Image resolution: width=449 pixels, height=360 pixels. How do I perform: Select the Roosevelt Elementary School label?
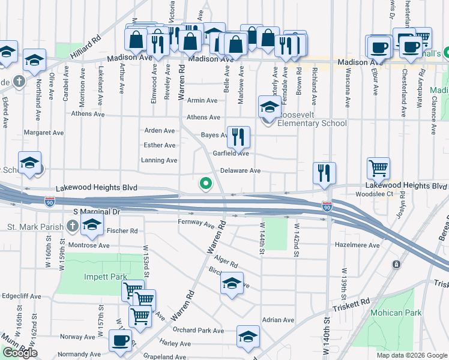coord(312,124)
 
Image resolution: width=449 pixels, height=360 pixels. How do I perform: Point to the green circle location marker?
coord(206,184)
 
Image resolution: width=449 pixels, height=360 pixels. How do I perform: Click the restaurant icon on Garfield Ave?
coord(238,139)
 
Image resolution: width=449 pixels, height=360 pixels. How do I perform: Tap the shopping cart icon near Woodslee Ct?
coord(379,169)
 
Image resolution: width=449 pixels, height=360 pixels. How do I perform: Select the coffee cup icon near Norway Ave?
coord(120,341)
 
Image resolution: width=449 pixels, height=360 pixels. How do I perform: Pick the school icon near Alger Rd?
coord(232,284)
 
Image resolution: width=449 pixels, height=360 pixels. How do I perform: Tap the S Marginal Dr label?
coord(97,212)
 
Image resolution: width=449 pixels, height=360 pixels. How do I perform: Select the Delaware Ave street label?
coord(240,170)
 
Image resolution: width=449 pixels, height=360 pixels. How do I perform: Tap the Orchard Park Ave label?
coord(198,331)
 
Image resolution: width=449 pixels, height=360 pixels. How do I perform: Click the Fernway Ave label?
coord(196,223)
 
